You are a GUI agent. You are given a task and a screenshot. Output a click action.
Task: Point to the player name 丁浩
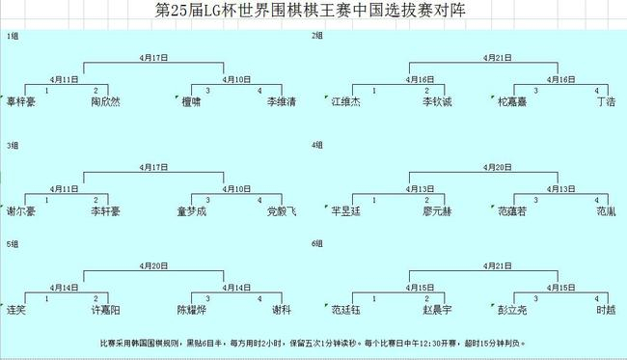605,100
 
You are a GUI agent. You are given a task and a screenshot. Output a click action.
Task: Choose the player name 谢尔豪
21,209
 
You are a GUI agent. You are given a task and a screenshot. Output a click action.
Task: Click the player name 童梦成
191,209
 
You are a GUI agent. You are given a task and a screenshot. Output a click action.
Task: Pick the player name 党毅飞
281,209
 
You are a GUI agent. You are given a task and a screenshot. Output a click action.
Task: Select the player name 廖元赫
436,209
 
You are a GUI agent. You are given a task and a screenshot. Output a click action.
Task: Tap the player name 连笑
16,310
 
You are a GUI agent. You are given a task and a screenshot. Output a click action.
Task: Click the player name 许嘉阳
105,310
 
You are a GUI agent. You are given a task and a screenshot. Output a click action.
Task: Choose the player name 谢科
281,310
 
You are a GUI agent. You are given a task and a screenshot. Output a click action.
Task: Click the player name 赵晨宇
436,310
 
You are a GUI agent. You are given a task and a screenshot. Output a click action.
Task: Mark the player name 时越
605,310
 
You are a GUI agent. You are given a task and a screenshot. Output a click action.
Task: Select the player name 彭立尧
512,310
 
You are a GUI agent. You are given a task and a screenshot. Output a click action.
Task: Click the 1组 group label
13,36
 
